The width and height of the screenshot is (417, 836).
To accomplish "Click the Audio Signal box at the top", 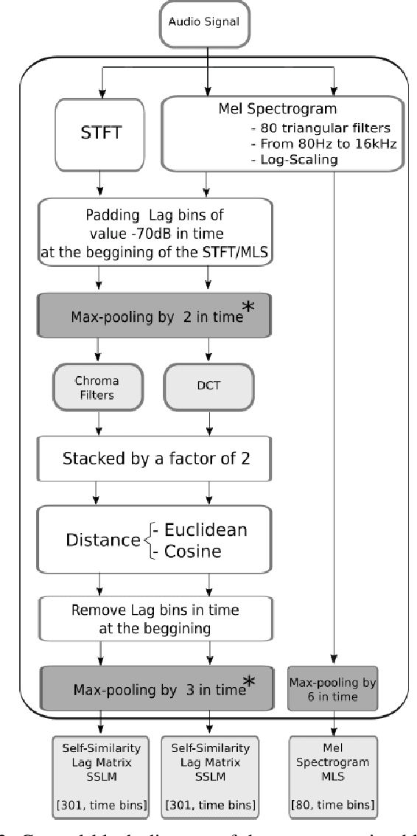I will (208, 21).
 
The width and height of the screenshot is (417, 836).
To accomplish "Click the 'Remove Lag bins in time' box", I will (154, 620).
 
